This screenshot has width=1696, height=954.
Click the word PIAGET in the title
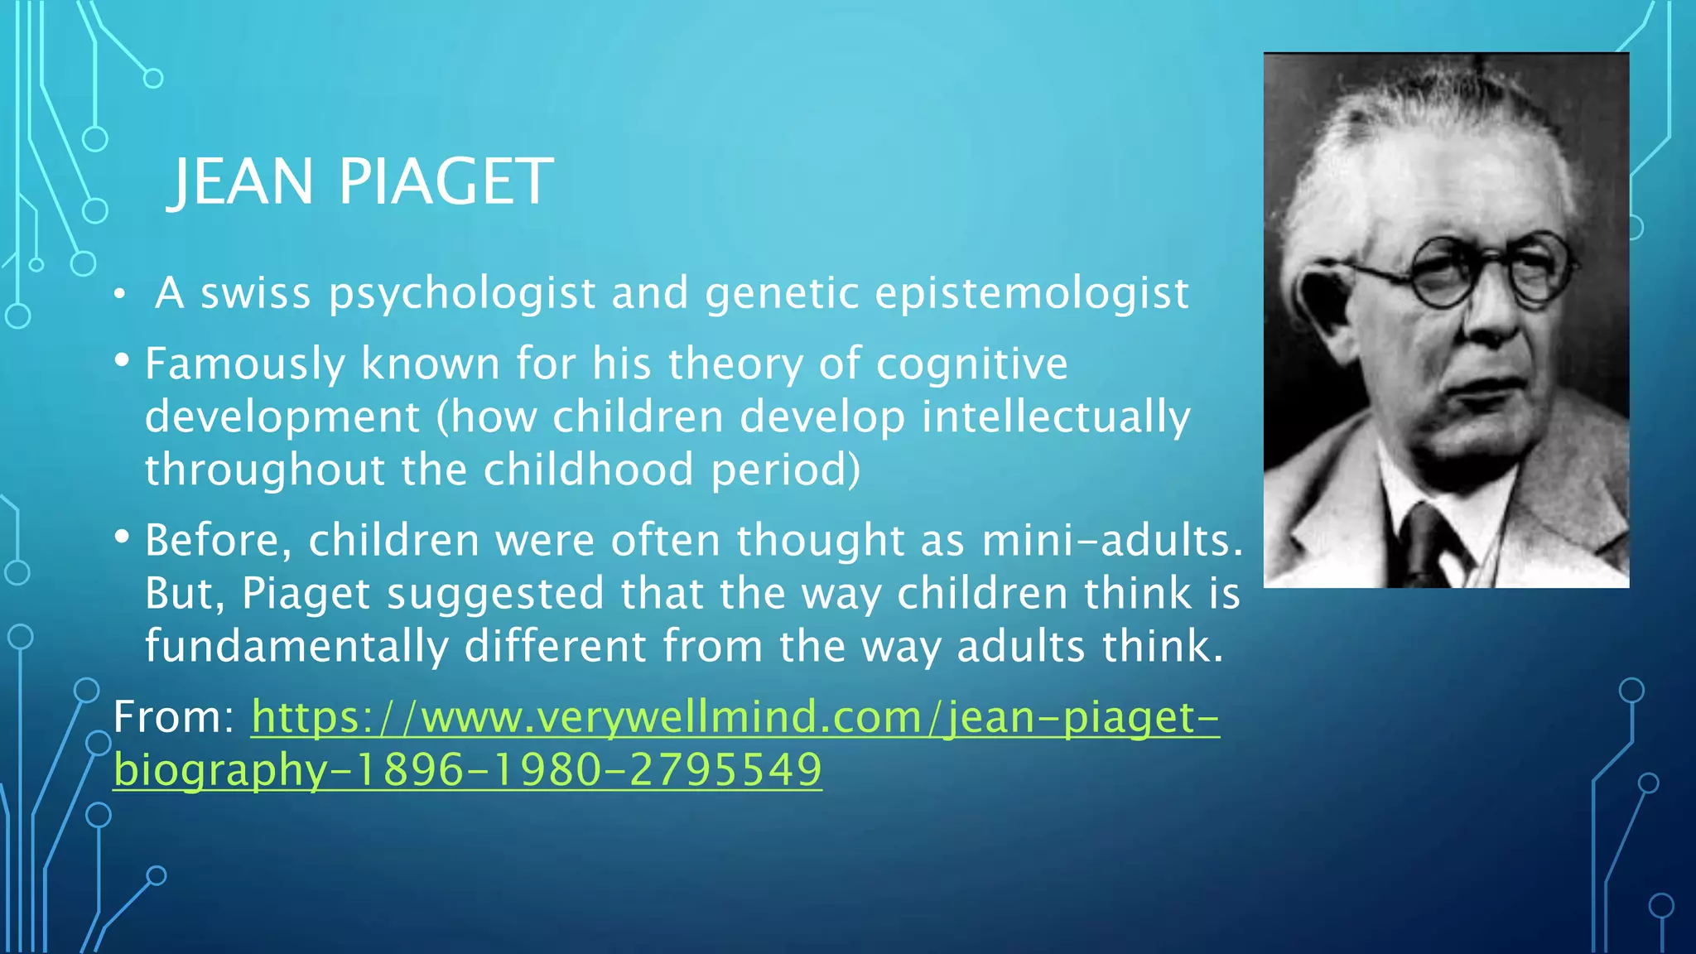coord(446,182)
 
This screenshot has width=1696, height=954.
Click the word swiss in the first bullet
coord(256,294)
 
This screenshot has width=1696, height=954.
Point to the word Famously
coord(244,364)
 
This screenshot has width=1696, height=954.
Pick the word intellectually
coord(1056,417)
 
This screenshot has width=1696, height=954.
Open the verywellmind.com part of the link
coord(671,717)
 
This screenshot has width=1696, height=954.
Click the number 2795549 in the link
coord(725,770)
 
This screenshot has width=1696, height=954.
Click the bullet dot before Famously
coord(122,361)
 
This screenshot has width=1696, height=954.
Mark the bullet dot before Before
coord(122,537)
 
